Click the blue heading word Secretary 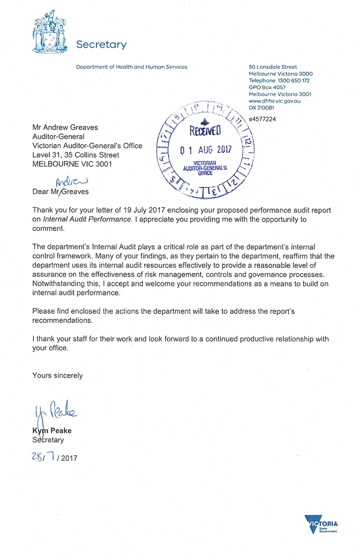101,45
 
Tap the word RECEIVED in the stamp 205,132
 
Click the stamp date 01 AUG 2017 206,150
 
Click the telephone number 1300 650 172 293,81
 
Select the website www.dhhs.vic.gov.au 274,101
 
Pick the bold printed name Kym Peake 52,431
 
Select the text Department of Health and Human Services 131,67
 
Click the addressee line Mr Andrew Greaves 65,127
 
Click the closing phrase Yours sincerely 58,375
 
